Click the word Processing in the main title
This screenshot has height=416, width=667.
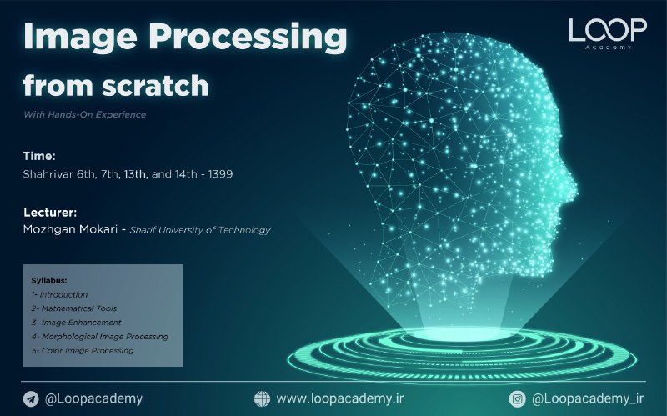[248, 38]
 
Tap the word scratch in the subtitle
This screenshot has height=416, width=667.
[155, 85]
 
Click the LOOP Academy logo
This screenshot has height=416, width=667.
[608, 34]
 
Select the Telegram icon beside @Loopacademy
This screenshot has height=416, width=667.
[31, 399]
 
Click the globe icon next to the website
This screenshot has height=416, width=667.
[262, 399]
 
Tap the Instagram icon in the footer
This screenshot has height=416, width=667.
[517, 399]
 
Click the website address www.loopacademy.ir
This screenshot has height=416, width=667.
[340, 399]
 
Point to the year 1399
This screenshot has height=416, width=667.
[220, 174]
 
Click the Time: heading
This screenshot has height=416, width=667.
[39, 156]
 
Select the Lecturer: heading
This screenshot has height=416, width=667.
[50, 213]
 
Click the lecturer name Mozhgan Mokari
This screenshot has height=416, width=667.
[70, 229]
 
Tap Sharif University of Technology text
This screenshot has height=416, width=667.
[200, 230]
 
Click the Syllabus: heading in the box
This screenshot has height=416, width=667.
[49, 281]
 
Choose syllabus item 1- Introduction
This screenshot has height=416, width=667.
[59, 294]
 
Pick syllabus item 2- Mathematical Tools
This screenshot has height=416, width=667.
[73, 308]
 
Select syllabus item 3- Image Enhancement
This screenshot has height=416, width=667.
[76, 323]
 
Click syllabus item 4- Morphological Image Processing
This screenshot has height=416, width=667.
[99, 337]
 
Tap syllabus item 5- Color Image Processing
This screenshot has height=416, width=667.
[82, 350]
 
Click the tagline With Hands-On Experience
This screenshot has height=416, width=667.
[85, 114]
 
